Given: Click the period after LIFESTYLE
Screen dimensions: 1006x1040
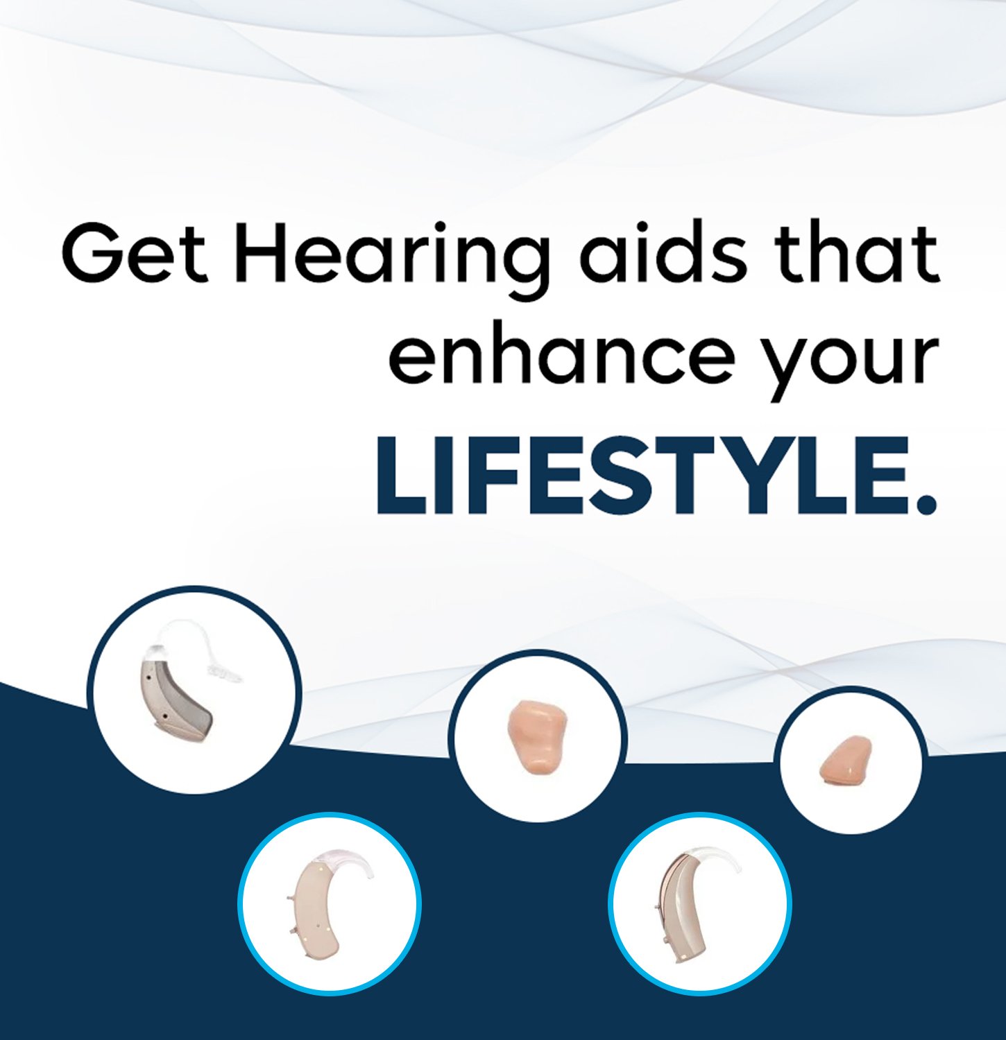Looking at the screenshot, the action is click(x=925, y=502).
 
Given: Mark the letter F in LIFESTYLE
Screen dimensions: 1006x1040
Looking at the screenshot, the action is click(x=472, y=476).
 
